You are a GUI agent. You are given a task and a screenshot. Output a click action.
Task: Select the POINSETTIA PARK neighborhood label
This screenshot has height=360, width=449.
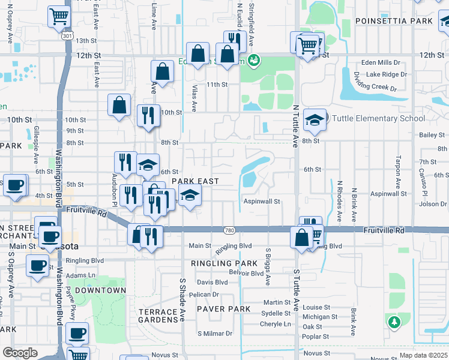pos(394,21)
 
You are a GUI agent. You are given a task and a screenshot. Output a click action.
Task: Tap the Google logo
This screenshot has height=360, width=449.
pos(20,352)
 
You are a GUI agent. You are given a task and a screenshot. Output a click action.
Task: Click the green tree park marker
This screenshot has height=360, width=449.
pos(394,322)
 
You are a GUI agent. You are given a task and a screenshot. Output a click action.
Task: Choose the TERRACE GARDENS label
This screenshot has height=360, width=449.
pos(158,316)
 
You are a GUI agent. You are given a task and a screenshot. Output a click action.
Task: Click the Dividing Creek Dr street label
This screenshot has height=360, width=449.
pos(375,82)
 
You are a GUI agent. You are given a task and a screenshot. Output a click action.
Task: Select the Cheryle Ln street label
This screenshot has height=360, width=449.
pos(275,324)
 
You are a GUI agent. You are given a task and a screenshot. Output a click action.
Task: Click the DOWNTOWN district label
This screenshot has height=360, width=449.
pos(101,290)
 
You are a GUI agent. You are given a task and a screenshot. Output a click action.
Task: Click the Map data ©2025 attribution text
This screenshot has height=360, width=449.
pos(424,355)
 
